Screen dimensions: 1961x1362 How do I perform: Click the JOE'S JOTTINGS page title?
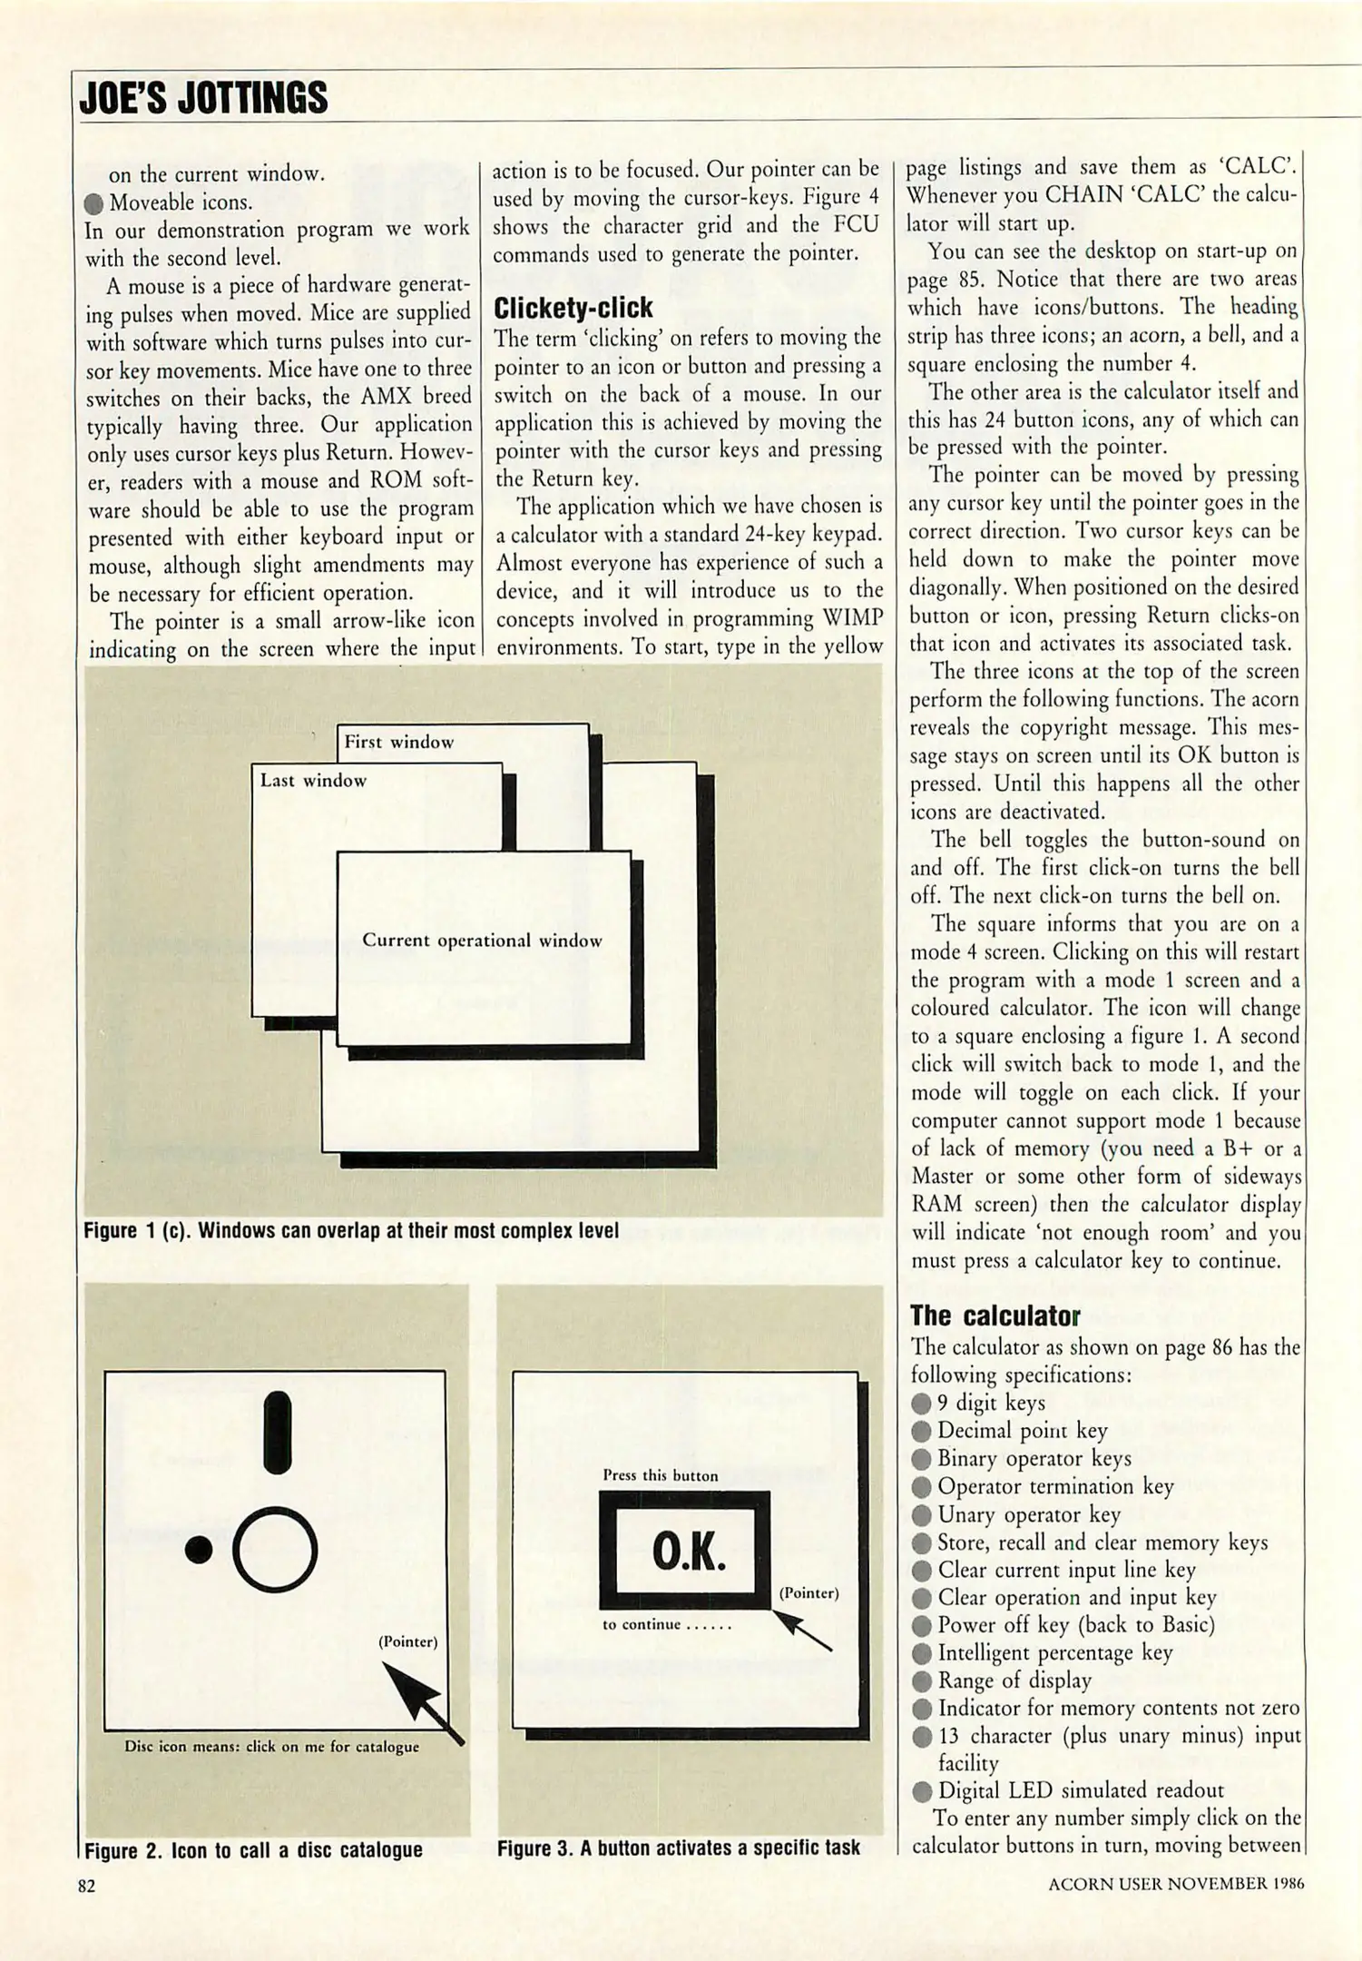[203, 97]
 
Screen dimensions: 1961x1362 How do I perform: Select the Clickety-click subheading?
[573, 308]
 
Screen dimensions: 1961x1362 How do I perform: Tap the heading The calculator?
[995, 1316]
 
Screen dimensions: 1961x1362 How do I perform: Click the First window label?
[398, 742]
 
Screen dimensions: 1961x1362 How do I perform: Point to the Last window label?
[313, 781]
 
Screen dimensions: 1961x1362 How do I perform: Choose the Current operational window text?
[482, 941]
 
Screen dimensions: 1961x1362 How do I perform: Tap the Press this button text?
[660, 1475]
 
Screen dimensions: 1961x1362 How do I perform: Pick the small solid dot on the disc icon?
[199, 1550]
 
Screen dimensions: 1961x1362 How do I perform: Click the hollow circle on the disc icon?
[275, 1550]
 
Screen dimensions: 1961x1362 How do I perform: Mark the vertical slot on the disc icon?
[277, 1432]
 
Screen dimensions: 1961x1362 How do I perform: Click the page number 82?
[86, 1886]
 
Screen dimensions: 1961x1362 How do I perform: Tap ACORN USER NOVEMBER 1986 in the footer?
[1176, 1884]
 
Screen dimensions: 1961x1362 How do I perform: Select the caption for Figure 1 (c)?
[351, 1231]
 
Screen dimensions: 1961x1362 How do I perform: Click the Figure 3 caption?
[678, 1848]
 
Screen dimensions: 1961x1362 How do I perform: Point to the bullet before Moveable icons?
[93, 202]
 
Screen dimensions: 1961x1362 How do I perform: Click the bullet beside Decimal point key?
[922, 1432]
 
